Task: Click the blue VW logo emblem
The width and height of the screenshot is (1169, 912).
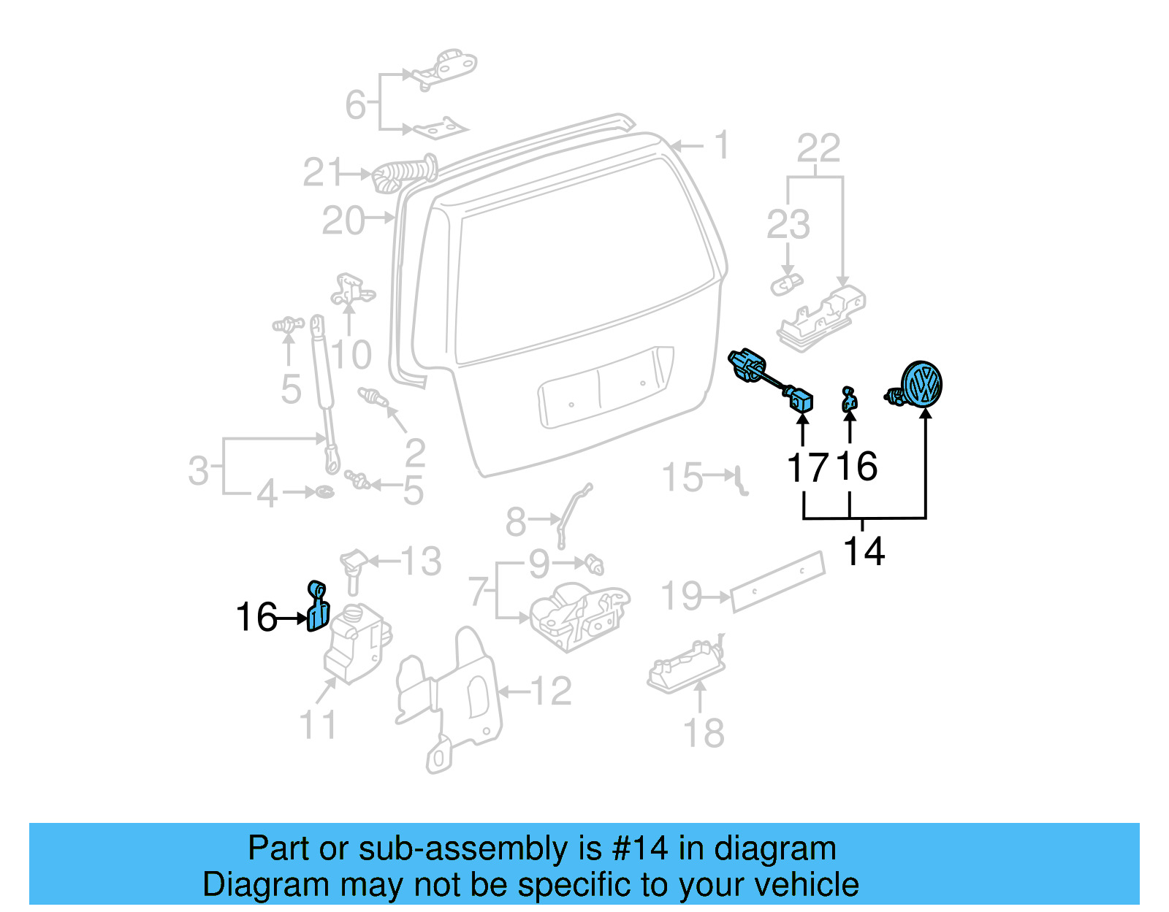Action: [x=921, y=383]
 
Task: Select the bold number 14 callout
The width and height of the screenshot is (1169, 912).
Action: [x=864, y=551]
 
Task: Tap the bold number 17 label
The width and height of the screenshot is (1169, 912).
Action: [x=808, y=467]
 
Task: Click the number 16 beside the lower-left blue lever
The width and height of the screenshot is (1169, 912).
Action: [x=256, y=617]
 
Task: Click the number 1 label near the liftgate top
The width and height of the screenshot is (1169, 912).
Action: [x=721, y=145]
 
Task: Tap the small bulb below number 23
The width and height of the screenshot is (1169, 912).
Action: [x=786, y=283]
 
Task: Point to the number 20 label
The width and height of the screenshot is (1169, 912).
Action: [x=343, y=221]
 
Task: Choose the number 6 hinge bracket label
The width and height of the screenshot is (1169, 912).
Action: [x=355, y=104]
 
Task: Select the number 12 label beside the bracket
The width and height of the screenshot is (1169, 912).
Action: [x=551, y=691]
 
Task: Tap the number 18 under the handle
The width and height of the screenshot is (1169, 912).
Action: [x=704, y=732]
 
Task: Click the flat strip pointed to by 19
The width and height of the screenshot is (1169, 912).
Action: [x=777, y=581]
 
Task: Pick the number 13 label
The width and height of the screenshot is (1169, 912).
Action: [x=421, y=562]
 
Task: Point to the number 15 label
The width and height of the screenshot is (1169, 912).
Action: [x=682, y=478]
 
